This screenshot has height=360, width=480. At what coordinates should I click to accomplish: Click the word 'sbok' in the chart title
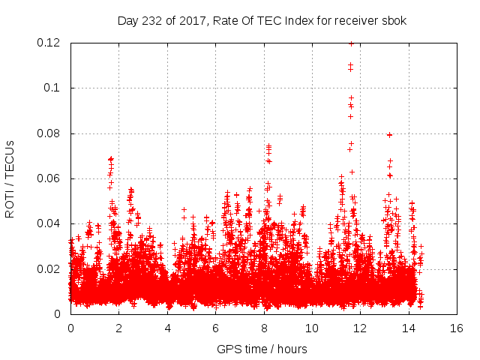point(394,20)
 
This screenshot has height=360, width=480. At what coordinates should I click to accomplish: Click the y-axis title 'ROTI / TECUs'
point(10,178)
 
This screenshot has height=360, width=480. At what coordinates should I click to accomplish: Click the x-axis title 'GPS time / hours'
point(262,349)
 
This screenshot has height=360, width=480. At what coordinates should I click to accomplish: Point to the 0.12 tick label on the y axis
point(50,43)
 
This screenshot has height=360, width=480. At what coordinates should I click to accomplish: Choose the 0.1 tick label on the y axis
point(53,88)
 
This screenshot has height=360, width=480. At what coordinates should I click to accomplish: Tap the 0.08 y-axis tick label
point(50,133)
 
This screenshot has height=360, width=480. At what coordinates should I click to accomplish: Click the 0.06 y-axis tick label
point(50,178)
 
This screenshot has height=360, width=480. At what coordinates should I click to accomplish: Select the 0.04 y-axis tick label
point(50,223)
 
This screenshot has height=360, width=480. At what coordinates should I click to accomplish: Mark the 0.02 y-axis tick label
point(50,269)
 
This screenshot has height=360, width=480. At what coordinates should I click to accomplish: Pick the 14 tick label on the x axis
point(408,328)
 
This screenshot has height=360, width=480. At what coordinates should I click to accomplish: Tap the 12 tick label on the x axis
point(360,328)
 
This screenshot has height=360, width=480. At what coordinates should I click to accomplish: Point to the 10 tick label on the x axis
point(312,328)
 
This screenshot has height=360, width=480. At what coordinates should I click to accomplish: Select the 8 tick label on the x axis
point(263,328)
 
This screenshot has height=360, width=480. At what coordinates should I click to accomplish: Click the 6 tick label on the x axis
point(215,328)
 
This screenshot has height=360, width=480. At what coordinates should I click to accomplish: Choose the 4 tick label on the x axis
point(167,328)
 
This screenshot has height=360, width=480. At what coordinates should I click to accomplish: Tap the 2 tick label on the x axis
point(118,328)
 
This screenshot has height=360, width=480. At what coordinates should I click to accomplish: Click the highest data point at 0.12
point(351,43)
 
